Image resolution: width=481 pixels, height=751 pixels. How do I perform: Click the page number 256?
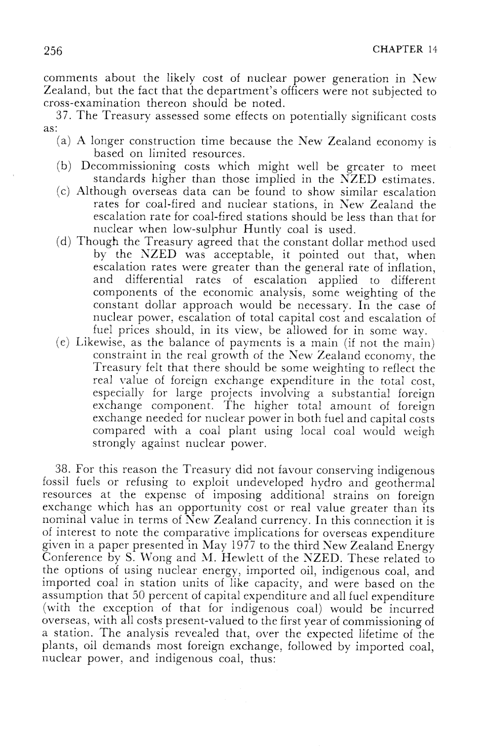[x=53, y=51]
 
